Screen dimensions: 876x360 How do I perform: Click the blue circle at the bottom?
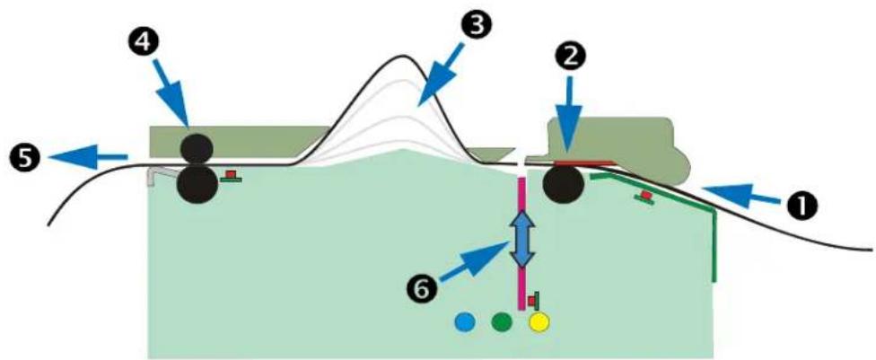pyautogui.click(x=465, y=321)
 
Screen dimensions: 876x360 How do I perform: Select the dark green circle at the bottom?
pyautogui.click(x=502, y=321)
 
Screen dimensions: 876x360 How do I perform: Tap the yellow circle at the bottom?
pyautogui.click(x=539, y=321)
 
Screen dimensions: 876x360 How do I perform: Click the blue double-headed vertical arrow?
pyautogui.click(x=521, y=239)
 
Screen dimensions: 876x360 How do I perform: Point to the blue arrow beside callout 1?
pyautogui.click(x=740, y=195)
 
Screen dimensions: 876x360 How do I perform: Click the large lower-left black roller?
pyautogui.click(x=197, y=185)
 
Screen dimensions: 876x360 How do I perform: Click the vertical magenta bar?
pyautogui.click(x=521, y=243)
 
